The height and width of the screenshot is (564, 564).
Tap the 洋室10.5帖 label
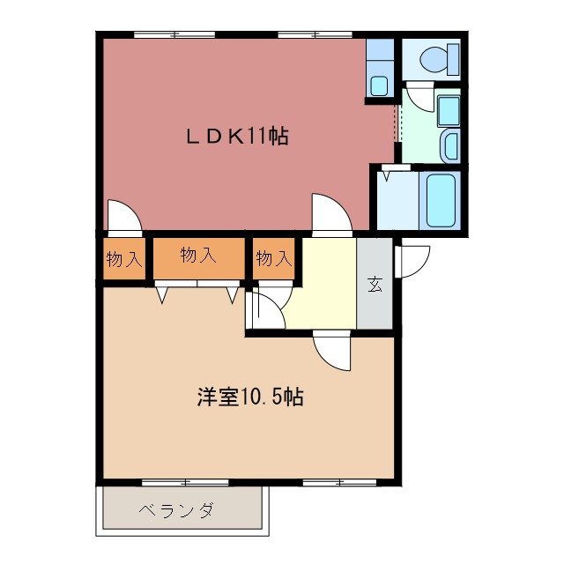click(250, 397)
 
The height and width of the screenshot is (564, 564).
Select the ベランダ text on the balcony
click(175, 510)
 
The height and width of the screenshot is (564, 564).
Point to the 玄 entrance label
click(375, 284)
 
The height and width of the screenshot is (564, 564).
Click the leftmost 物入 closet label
click(123, 259)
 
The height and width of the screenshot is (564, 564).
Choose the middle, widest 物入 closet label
click(197, 256)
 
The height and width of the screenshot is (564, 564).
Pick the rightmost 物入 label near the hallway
click(273, 259)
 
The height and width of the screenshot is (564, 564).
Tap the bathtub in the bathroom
click(441, 200)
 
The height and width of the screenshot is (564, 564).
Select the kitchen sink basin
click(380, 85)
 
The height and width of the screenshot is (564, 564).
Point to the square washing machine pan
click(448, 110)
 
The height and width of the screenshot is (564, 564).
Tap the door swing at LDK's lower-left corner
click(122, 215)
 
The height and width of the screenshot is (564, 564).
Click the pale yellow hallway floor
click(322, 282)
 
